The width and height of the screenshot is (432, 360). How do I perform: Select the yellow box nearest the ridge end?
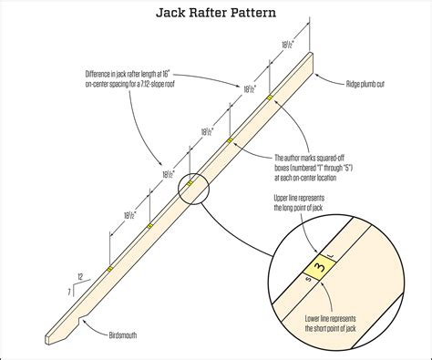[x=269, y=96]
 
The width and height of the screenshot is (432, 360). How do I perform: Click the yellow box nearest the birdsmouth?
[x=108, y=271]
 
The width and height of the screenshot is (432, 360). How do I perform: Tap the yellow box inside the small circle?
[x=190, y=183]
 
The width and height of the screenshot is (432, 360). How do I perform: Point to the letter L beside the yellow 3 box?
[x=334, y=254]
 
